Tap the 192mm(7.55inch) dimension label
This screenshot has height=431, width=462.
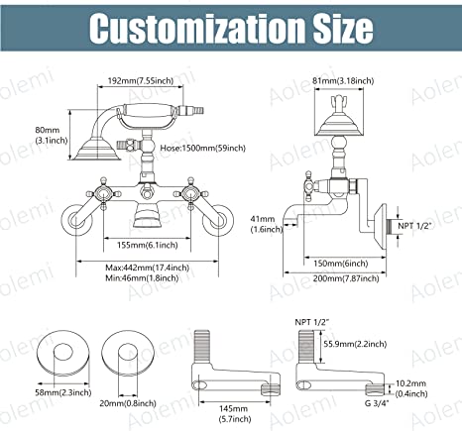point(141,80)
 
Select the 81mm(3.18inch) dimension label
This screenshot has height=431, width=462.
point(344,80)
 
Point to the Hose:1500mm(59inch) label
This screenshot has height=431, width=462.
point(203,148)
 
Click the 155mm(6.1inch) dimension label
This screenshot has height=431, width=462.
point(148,245)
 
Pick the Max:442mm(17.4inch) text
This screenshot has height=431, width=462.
point(148,268)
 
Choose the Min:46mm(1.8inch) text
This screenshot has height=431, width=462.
point(142,278)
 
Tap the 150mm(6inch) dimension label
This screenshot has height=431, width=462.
point(341,264)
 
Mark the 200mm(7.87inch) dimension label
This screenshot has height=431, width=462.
point(346,278)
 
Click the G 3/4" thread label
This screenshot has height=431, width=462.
point(377,403)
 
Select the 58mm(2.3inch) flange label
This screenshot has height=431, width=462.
point(63,392)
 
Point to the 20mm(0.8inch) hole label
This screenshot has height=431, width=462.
point(128,403)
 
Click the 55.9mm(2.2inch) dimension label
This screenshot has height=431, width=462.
point(355,344)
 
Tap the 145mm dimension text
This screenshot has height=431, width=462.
point(234,409)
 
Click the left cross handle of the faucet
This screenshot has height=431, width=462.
point(103,193)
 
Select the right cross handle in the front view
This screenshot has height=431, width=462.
point(190,193)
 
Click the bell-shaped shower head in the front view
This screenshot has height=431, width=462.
point(97,151)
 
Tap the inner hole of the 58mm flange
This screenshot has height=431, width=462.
point(62,354)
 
